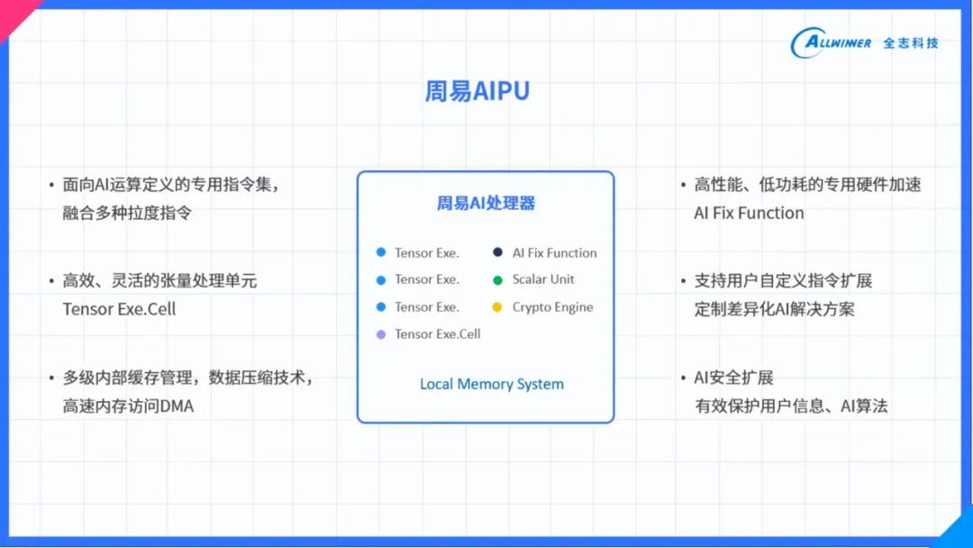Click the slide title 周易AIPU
477,92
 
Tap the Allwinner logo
831,42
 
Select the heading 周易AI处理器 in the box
486,204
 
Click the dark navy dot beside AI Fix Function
497,253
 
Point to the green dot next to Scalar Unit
497,280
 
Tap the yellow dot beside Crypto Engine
497,307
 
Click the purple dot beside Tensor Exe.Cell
380,334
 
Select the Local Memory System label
491,384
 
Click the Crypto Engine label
552,307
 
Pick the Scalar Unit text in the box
543,279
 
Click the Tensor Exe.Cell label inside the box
437,334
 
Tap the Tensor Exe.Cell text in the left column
119,309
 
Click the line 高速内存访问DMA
128,406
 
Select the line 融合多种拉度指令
127,214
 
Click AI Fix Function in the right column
749,214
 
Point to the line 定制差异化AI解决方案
774,309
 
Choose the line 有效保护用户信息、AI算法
791,406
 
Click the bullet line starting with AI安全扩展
733,378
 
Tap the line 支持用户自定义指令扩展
783,281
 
